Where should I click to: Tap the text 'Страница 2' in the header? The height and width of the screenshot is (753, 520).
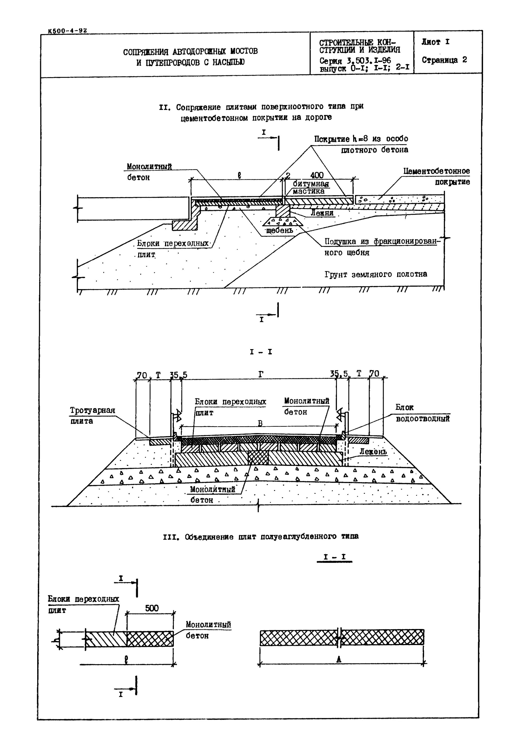tap(444, 60)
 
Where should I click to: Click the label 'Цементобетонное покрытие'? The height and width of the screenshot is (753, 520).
tap(437, 176)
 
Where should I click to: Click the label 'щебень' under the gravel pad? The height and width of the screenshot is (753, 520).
tap(280, 230)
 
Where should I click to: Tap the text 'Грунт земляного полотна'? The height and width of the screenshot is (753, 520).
tap(376, 274)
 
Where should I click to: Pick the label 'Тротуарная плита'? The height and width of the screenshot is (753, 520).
tap(92, 415)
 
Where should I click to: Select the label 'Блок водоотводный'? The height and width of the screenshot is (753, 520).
tap(422, 413)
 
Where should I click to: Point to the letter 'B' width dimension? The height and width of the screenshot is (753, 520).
tap(260, 423)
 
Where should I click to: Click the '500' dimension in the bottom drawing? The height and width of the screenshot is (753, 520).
tap(152, 608)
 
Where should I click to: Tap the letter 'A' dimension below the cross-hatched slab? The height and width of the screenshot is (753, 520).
tap(339, 660)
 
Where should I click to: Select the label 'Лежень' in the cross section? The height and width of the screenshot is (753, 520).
tap(373, 452)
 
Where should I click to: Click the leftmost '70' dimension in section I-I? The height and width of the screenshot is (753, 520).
tap(142, 375)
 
